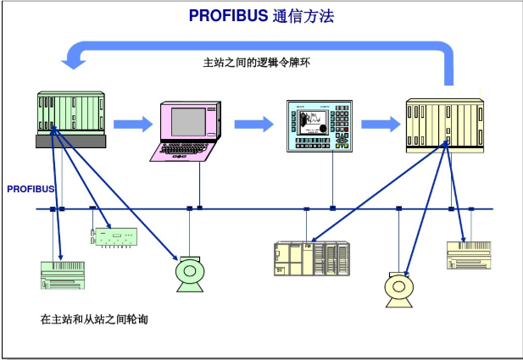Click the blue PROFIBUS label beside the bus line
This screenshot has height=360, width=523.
click(x=31, y=189)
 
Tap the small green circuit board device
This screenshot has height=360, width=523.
click(x=112, y=235)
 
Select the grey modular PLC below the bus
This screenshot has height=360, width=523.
click(x=311, y=258)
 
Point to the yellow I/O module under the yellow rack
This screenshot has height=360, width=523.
click(x=470, y=255)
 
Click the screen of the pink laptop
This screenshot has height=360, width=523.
click(x=187, y=119)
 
